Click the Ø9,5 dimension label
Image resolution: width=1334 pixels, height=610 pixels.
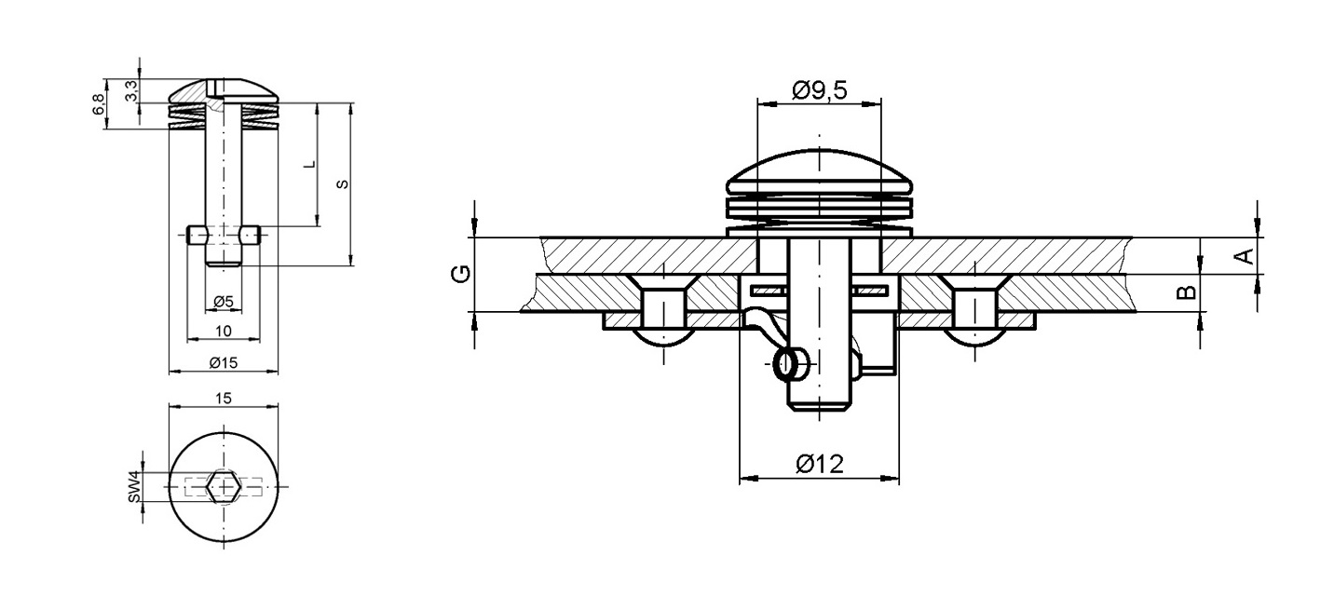[x=819, y=89]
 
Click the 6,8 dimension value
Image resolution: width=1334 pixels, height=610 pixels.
[x=99, y=105]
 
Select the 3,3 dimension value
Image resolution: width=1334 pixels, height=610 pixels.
[x=131, y=91]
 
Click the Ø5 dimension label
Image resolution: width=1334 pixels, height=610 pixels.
[x=223, y=301]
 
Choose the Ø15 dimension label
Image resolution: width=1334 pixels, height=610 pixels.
[x=223, y=362]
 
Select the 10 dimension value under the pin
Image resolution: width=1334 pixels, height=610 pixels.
[x=223, y=331]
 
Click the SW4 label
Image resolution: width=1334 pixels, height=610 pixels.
[x=134, y=487]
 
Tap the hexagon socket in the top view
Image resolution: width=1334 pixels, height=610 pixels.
[x=224, y=486]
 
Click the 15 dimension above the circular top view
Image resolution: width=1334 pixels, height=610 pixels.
[x=223, y=398]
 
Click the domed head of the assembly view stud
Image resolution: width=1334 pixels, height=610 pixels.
[x=819, y=172]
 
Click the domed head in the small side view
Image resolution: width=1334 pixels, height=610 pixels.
[x=224, y=91]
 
